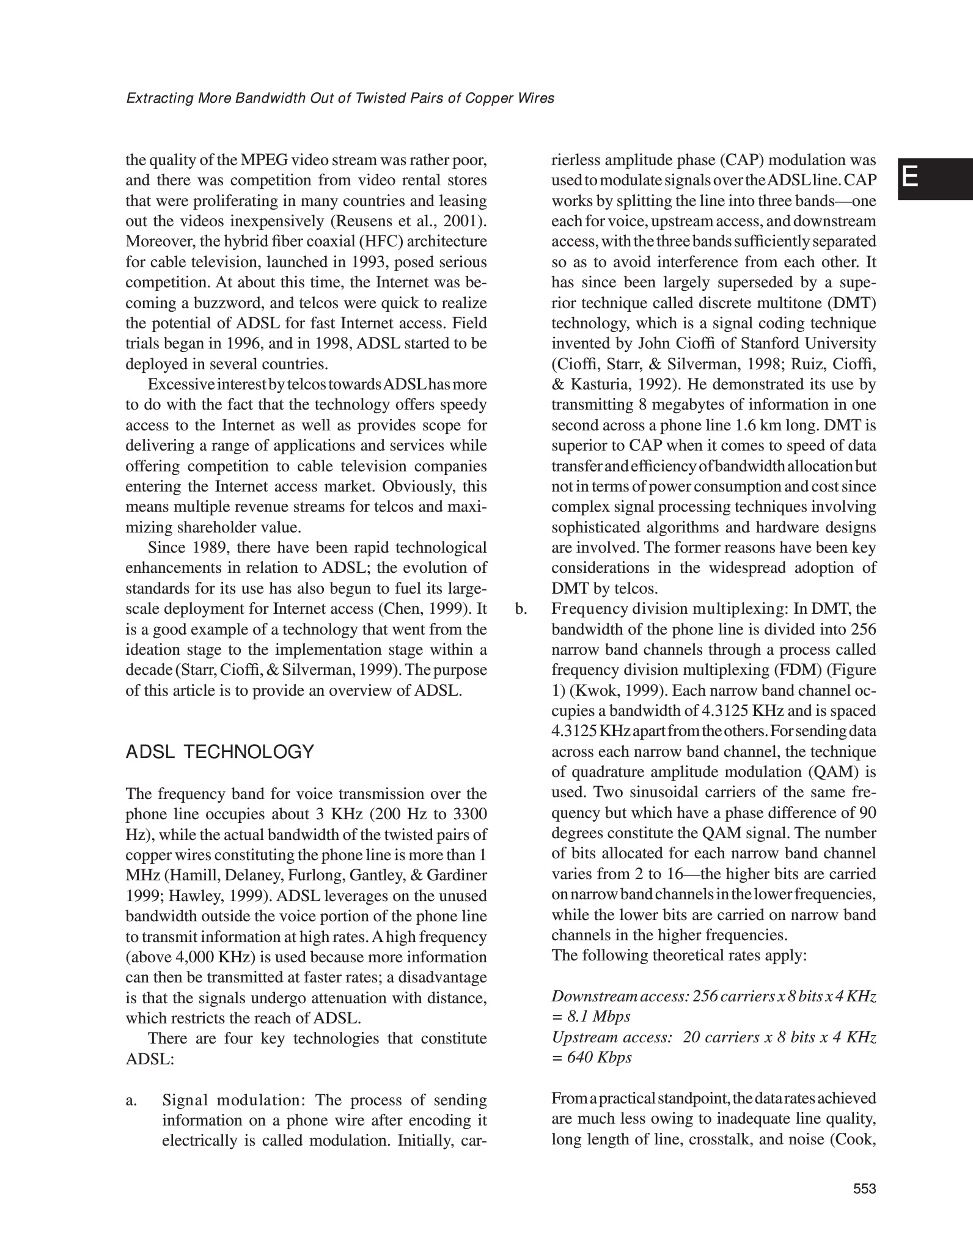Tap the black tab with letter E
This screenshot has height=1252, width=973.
[934, 179]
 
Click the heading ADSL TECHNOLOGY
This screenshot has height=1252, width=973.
[219, 752]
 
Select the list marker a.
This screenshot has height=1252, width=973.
[131, 1100]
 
